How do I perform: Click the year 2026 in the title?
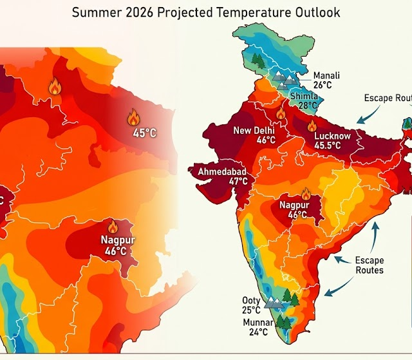(x=146, y=12)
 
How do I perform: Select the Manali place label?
(x=326, y=75)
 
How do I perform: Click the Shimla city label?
(x=304, y=97)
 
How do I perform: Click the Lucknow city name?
(x=332, y=136)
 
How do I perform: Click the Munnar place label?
(x=257, y=322)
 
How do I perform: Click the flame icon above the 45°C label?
(x=133, y=117)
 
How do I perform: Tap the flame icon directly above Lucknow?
(x=312, y=126)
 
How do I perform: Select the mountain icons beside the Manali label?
(x=285, y=79)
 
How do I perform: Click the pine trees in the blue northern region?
(x=259, y=61)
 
